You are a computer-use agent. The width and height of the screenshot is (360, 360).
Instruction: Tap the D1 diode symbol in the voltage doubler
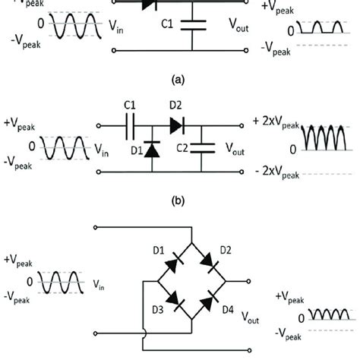tap(152, 150)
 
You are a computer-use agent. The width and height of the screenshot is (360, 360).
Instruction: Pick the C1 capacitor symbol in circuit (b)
tap(129, 122)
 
